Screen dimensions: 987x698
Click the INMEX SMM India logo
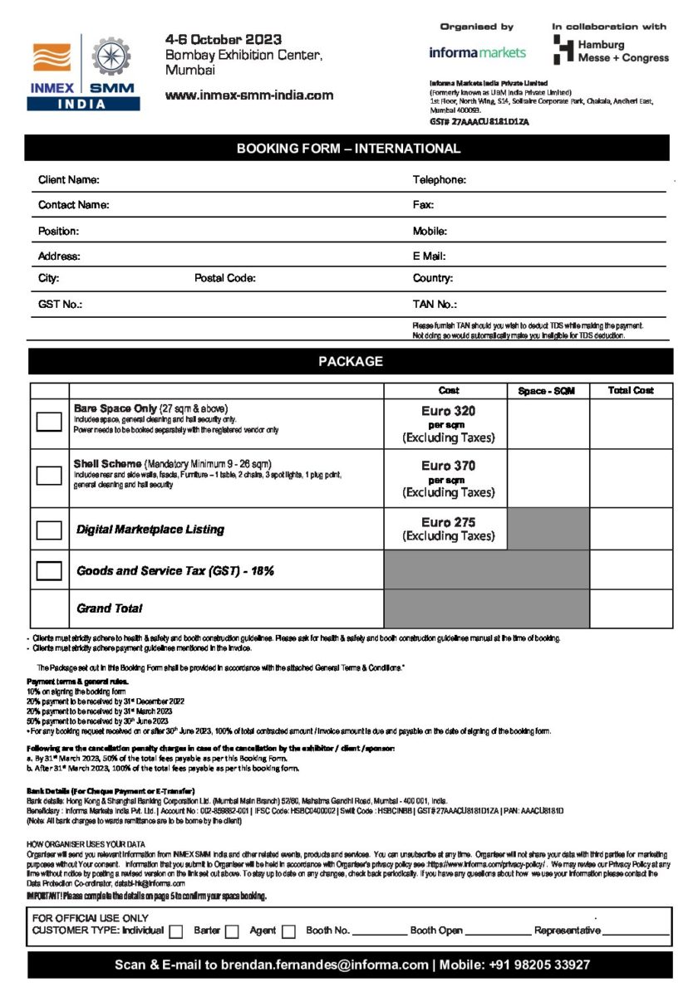[x=83, y=73]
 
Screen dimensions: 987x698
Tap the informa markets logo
[x=477, y=52]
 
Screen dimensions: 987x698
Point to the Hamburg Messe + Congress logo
[x=611, y=51]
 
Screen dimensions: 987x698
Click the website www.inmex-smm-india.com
[x=249, y=95]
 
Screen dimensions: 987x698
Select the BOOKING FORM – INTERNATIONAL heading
[x=348, y=149]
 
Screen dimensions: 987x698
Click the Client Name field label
[x=69, y=180]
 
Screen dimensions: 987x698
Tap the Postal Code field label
[x=225, y=279]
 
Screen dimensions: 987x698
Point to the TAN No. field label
[x=435, y=305]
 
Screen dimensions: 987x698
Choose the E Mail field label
[x=430, y=256]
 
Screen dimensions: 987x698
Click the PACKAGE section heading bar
[x=350, y=361]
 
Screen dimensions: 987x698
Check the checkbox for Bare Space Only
[x=49, y=422]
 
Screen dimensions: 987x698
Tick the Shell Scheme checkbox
[x=49, y=476]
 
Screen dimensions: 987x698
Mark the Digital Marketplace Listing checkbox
[x=49, y=530]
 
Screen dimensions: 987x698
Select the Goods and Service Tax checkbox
[x=49, y=570]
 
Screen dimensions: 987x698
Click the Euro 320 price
[x=448, y=411]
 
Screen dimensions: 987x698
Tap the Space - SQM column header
[x=547, y=391]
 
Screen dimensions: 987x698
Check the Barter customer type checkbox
[x=233, y=931]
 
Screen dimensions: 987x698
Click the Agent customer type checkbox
[x=288, y=931]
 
